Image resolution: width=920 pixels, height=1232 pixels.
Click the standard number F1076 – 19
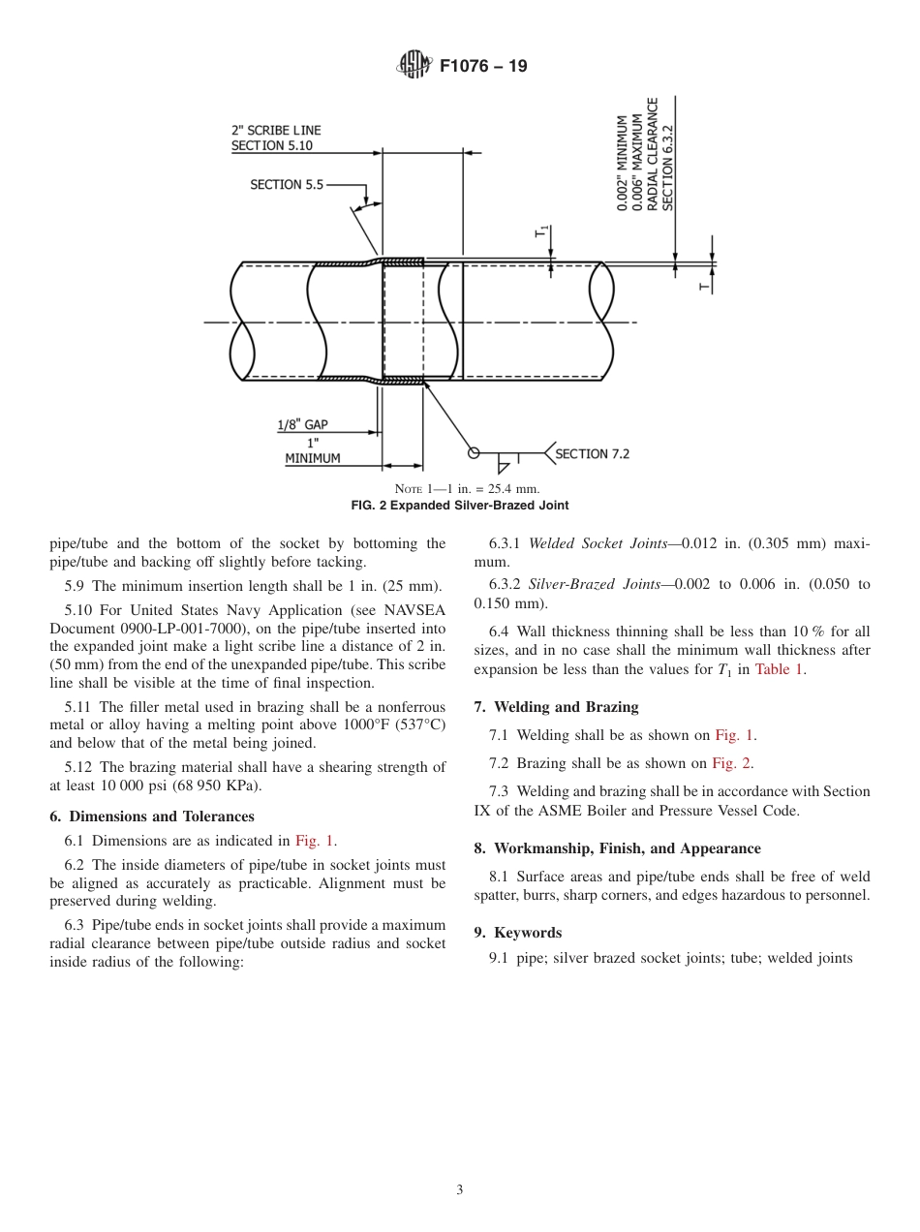point(483,67)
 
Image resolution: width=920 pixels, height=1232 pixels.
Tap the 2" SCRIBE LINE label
point(276,130)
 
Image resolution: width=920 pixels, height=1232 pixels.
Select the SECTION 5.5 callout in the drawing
point(287,184)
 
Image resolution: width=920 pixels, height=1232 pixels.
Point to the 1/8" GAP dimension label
point(302,424)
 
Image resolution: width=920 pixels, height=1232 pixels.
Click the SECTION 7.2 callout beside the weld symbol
point(592,453)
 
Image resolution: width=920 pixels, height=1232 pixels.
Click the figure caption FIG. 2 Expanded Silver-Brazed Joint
point(459,506)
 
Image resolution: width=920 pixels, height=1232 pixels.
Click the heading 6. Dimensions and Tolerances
point(152,816)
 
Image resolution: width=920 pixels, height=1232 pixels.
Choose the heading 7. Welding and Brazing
point(556,707)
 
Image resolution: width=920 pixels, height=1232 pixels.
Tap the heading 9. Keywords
point(517,933)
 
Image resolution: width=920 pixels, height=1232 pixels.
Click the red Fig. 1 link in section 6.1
point(316,841)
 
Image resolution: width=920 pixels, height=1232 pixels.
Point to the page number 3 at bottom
point(459,1190)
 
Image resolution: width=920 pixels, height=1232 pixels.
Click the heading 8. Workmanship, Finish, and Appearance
point(617,848)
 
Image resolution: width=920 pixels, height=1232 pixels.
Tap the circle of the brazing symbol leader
point(474,452)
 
